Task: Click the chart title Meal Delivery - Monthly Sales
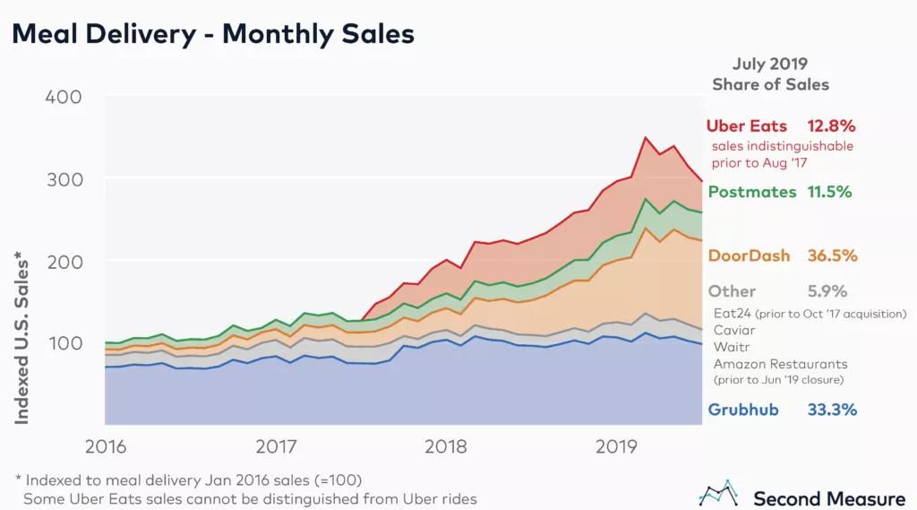point(212,34)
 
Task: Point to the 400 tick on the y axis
point(64,97)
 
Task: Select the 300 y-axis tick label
point(64,179)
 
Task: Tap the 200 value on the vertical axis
point(64,261)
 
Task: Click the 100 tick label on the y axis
point(64,343)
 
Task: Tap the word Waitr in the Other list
point(732,347)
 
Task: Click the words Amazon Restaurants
point(780,364)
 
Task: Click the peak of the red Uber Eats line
point(646,137)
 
